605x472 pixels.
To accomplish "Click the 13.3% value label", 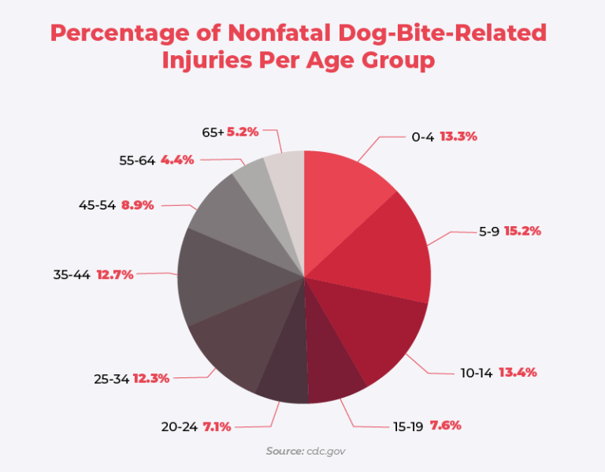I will [x=458, y=136].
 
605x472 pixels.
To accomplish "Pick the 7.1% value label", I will [x=217, y=426].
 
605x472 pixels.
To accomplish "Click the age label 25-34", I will [x=111, y=378].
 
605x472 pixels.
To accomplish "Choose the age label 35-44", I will [x=71, y=275].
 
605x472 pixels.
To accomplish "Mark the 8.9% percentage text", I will [x=137, y=205].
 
